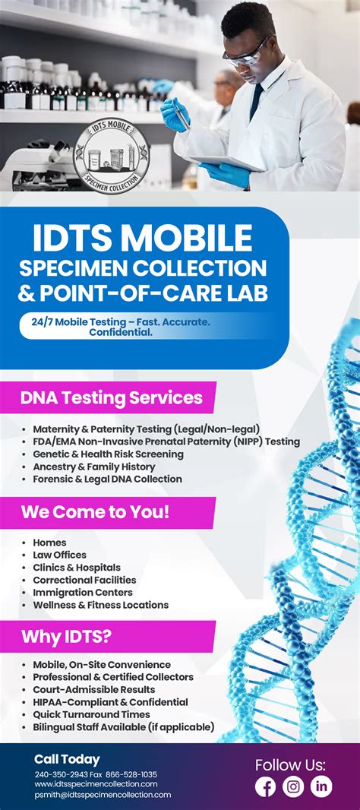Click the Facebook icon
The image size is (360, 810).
pos(266,786)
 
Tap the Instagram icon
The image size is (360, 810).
pos(293,786)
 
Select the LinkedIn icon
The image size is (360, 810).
pos(321,786)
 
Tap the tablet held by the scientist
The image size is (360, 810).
pos(227,164)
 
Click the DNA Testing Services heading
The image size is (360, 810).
pos(112,398)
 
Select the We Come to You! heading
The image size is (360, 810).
pos(95,513)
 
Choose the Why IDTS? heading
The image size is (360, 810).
pos(66,637)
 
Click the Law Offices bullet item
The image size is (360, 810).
pos(59,555)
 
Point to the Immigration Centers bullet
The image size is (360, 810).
pos(83,592)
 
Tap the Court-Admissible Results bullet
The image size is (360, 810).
pos(94,690)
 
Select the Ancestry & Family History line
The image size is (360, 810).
pos(94,467)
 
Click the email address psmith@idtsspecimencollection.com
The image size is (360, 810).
pos(103,795)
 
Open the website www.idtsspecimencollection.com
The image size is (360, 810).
pos(96,785)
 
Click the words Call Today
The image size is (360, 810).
pos(67,759)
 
